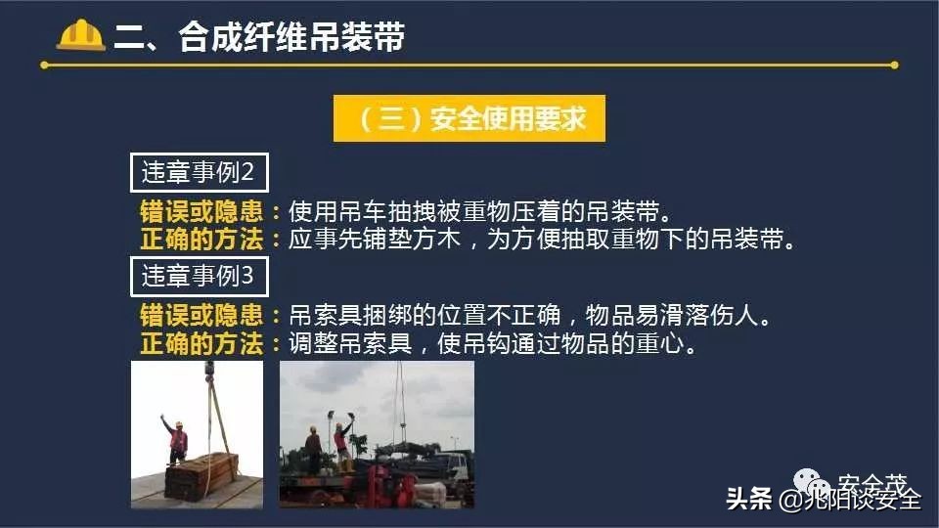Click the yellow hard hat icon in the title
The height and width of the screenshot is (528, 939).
[81, 35]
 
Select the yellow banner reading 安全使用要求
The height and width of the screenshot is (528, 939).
[469, 118]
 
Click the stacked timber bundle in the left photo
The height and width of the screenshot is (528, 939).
[201, 476]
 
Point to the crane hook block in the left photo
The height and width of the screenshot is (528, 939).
[209, 371]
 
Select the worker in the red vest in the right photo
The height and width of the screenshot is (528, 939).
[342, 445]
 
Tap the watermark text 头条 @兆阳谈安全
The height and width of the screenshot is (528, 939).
[823, 499]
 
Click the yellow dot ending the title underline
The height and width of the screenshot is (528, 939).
[894, 66]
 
